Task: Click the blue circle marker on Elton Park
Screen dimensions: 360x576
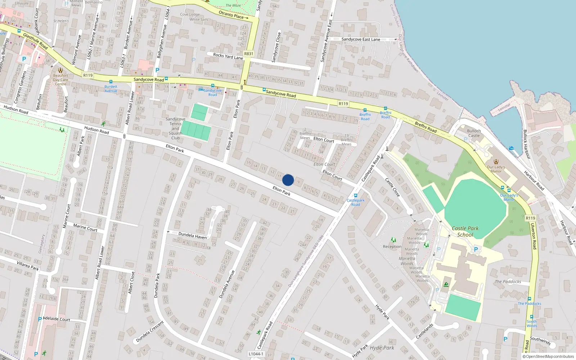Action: (x=288, y=180)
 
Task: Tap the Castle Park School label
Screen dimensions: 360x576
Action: (x=465, y=231)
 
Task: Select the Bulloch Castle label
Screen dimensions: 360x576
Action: (x=474, y=133)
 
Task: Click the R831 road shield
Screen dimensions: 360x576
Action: (x=249, y=54)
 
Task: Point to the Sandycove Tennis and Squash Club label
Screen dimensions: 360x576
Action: (x=175, y=129)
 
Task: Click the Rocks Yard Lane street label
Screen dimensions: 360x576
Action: (x=228, y=56)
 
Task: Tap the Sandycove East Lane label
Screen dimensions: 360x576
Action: (x=361, y=39)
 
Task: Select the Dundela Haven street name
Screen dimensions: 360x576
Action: (x=193, y=236)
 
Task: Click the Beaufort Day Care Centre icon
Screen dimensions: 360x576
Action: (x=60, y=70)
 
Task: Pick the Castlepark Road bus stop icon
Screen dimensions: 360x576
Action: (x=356, y=195)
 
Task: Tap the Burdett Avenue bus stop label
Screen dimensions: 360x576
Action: (x=111, y=89)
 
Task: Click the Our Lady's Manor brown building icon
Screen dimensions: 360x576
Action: (x=496, y=162)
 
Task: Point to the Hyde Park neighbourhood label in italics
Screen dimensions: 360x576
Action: (x=382, y=348)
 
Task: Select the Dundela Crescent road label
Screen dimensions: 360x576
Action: (x=150, y=332)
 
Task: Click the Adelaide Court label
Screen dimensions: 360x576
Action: (x=57, y=319)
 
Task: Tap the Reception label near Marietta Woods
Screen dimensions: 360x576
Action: (x=392, y=247)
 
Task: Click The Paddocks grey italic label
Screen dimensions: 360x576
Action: (x=508, y=282)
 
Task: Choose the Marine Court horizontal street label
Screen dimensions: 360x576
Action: (x=85, y=227)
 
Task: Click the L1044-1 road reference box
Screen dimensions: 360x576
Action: (x=256, y=354)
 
